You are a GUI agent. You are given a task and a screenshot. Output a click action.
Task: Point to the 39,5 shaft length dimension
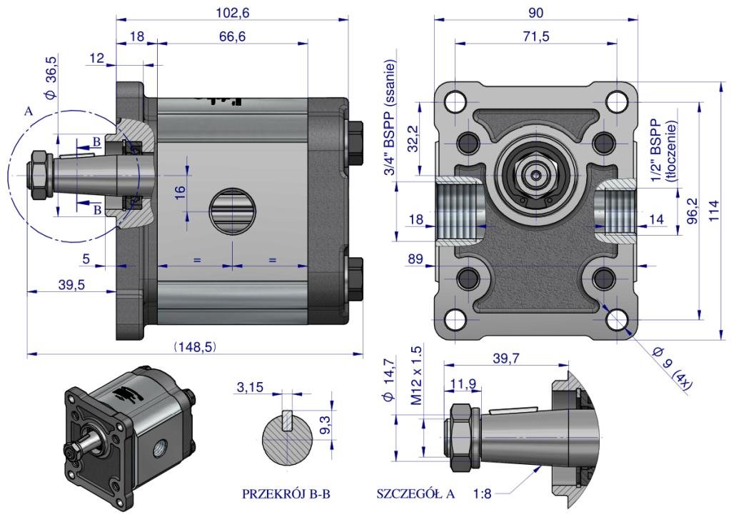(71, 284)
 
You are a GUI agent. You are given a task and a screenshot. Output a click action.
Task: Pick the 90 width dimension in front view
(536, 12)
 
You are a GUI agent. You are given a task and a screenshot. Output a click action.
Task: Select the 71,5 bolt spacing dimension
(535, 37)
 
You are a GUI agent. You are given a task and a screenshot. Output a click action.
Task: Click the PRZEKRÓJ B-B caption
(286, 493)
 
